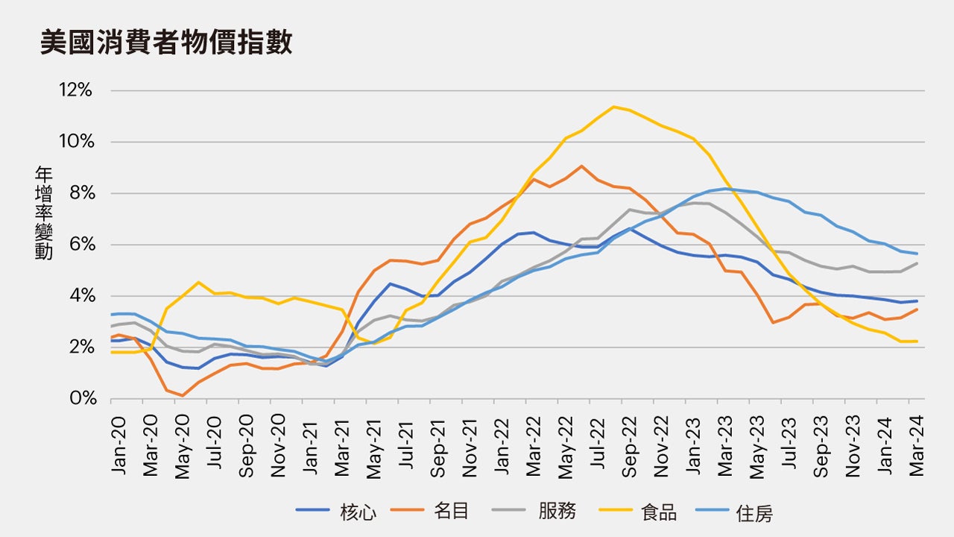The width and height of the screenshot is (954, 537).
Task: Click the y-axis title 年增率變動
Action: (x=43, y=213)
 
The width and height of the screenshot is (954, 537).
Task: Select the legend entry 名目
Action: (x=451, y=512)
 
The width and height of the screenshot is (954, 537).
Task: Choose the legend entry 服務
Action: (x=557, y=512)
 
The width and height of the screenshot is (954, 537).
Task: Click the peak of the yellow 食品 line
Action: (x=613, y=107)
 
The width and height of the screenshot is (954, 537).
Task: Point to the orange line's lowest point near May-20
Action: (x=183, y=395)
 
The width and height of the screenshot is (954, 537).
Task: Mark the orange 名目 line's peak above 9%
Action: (x=581, y=166)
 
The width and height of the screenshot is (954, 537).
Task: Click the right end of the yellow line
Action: (x=917, y=341)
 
